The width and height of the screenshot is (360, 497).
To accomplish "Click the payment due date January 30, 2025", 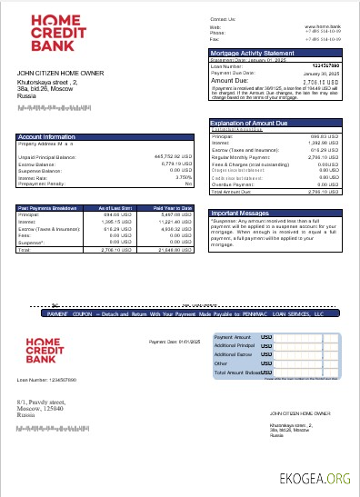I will pos(322,73).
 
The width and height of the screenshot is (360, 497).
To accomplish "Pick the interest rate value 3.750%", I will pos(182,177).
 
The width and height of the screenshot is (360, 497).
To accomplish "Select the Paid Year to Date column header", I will pos(172,208).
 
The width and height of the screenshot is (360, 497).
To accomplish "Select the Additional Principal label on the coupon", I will pos(235,345).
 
